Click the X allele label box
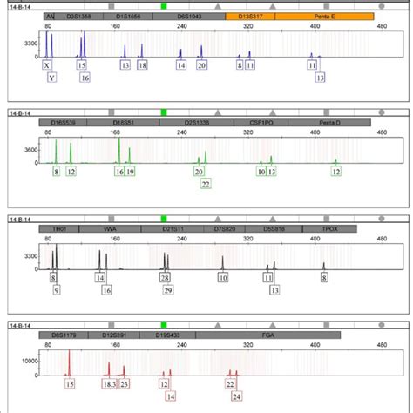pos(46,65)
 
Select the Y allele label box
pos(51,78)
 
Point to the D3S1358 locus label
pos(80,17)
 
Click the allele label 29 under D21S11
pos(168,289)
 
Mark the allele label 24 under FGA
pos(236,396)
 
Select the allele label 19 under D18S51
pos(131,172)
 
